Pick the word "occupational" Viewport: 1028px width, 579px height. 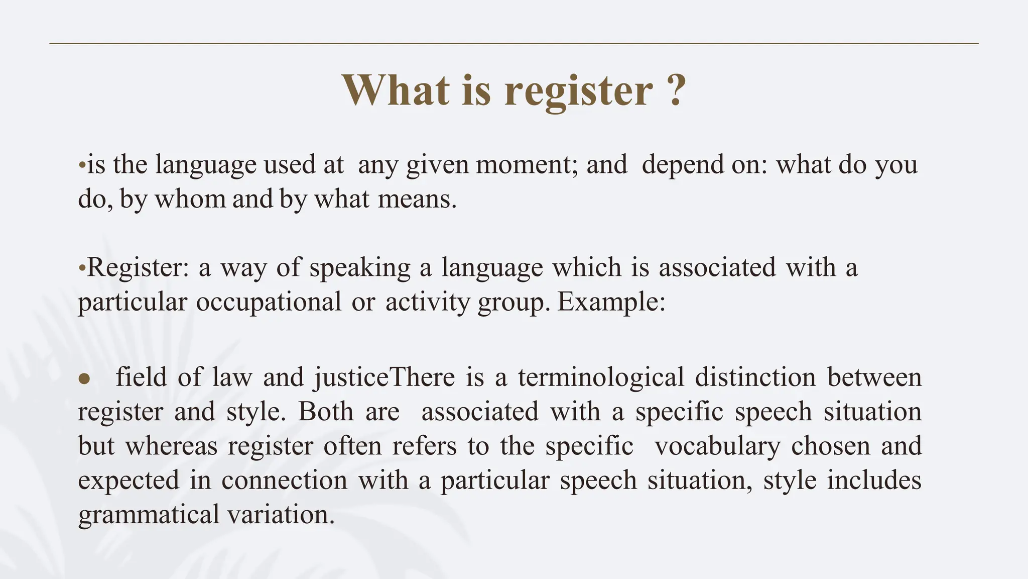click(x=269, y=302)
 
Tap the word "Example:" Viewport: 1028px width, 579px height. click(x=611, y=302)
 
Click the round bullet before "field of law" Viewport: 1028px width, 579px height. click(x=84, y=378)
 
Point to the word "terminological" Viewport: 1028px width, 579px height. click(x=601, y=377)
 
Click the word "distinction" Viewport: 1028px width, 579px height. click(x=755, y=377)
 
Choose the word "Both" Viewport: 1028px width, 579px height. click(x=326, y=412)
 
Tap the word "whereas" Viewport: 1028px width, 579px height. click(x=171, y=446)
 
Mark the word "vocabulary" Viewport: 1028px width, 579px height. click(x=718, y=446)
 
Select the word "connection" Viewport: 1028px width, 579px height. click(x=284, y=480)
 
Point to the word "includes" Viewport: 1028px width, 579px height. click(x=874, y=480)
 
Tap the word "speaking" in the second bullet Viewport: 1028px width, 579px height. click(x=360, y=267)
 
